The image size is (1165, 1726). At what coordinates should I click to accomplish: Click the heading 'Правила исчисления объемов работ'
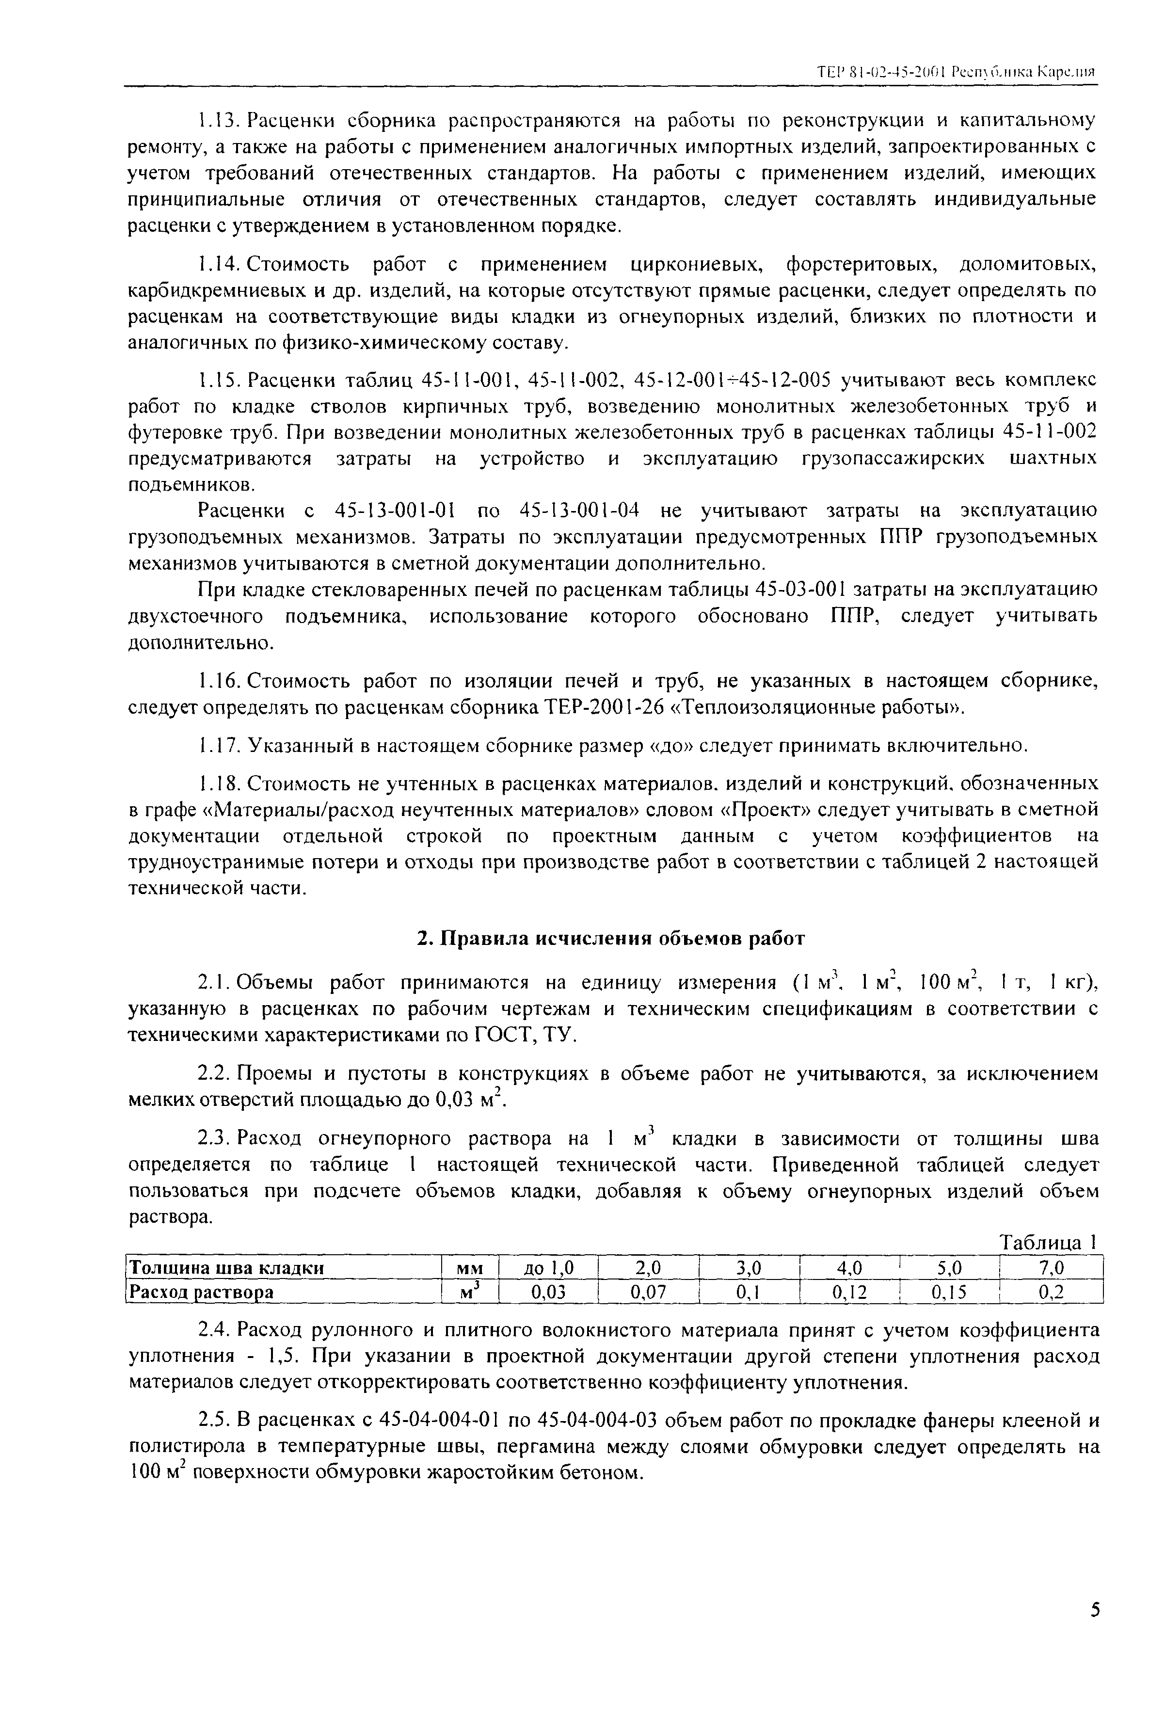[x=609, y=939]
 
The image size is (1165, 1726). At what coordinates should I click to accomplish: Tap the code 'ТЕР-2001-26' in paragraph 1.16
[x=602, y=707]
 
